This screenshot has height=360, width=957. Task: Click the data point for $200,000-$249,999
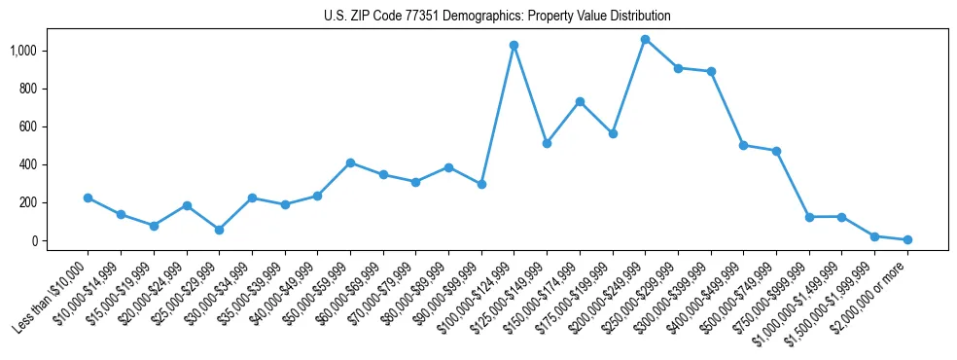tap(645, 40)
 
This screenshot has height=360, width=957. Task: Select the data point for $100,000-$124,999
tap(514, 46)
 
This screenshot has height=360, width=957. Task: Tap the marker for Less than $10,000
tap(88, 198)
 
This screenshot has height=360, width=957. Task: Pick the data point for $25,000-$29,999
tap(219, 230)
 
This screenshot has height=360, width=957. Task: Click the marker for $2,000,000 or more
tap(907, 239)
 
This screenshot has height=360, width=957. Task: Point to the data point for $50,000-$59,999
tap(350, 162)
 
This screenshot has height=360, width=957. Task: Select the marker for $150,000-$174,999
tap(580, 101)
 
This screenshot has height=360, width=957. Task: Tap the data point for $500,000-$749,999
tap(776, 151)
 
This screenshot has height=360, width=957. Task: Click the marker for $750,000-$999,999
tap(809, 217)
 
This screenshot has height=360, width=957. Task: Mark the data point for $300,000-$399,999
tap(711, 71)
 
